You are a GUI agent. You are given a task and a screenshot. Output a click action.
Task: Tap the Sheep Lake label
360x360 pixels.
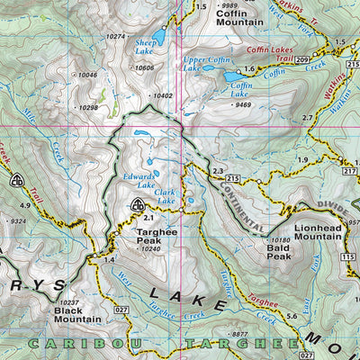145,46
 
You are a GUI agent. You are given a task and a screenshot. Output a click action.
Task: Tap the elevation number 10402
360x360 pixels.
163,95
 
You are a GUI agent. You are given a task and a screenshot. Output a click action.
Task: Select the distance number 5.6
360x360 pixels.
291,315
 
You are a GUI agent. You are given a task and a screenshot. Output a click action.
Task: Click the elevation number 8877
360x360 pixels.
238,334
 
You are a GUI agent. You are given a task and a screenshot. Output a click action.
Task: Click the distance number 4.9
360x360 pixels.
26,206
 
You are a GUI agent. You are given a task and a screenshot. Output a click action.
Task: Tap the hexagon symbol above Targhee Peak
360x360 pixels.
138,204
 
